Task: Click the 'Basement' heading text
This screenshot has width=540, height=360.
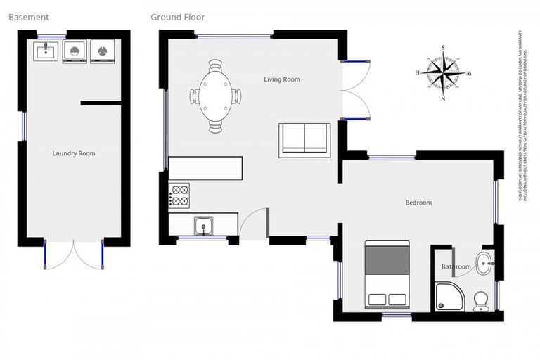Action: click(x=28, y=17)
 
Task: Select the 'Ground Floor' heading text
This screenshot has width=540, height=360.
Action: click(x=178, y=17)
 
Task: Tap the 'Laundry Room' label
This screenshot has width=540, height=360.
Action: click(x=74, y=153)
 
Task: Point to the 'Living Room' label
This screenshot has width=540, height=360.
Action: click(x=282, y=79)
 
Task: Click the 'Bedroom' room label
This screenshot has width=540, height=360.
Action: click(x=418, y=202)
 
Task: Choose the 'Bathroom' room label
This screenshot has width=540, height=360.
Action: click(x=456, y=267)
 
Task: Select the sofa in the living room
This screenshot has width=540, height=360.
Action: click(x=304, y=139)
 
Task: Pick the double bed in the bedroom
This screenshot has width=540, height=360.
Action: click(x=387, y=274)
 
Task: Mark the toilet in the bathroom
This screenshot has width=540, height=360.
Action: click(x=481, y=301)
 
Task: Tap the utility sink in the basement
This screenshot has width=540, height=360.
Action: click(x=46, y=51)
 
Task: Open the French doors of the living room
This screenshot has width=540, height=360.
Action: click(x=355, y=89)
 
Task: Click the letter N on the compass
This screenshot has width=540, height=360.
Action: click(x=443, y=99)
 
